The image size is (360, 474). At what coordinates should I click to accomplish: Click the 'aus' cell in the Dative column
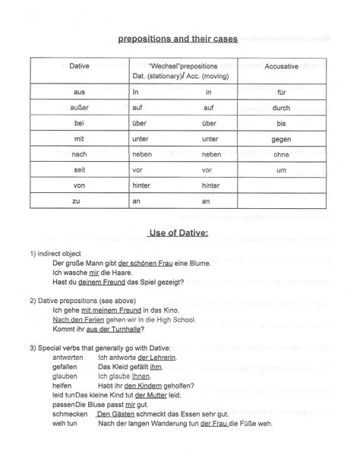tap(78, 93)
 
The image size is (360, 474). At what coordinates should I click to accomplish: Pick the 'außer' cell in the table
tap(79, 108)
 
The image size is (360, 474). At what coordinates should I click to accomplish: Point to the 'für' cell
tap(281, 93)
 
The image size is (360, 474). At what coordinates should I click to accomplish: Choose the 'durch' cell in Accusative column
tap(281, 108)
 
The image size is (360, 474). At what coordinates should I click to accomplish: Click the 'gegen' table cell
tap(281, 139)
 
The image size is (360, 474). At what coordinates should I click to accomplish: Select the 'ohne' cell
tap(281, 154)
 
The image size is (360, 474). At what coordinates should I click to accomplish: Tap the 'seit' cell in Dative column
tap(78, 170)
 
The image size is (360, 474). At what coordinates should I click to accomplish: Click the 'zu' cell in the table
tap(78, 201)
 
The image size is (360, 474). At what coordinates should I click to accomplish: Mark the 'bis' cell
tap(281, 124)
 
